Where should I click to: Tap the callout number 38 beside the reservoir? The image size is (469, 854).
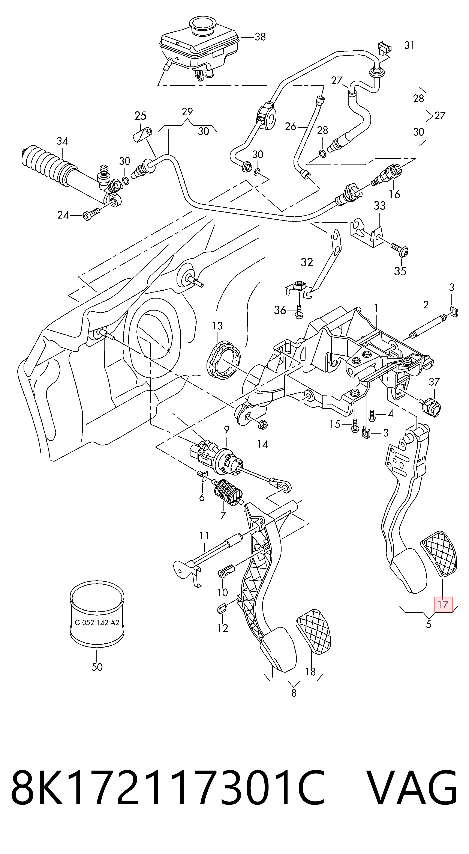(x=260, y=37)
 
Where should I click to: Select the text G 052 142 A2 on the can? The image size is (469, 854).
(x=97, y=623)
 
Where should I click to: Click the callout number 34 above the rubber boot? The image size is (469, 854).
(x=62, y=141)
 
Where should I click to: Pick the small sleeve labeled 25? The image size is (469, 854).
(x=143, y=134)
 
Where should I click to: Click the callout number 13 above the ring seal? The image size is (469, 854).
(x=217, y=326)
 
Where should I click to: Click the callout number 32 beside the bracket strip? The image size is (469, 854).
(x=307, y=263)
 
